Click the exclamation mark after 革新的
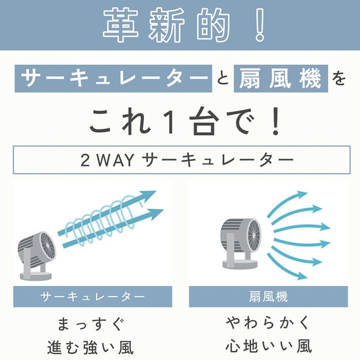pyautogui.click(x=260, y=25)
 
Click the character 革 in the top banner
pyautogui.click(x=121, y=25)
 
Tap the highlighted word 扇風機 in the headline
pyautogui.click(x=280, y=78)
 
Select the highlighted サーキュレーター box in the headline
pyautogui.click(x=113, y=78)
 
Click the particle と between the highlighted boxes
pyautogui.click(x=223, y=79)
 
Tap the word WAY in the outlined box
pyautogui.click(x=116, y=160)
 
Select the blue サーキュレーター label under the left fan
pyautogui.click(x=93, y=297)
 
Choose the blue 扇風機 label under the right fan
pyautogui.click(x=268, y=297)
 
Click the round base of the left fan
pyautogui.click(x=36, y=275)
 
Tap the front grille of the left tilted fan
pyautogui.click(x=48, y=246)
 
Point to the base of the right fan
pyautogui.click(x=240, y=265)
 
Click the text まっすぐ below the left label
pyautogui.click(x=91, y=324)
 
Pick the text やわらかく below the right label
pyautogui.click(x=268, y=323)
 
